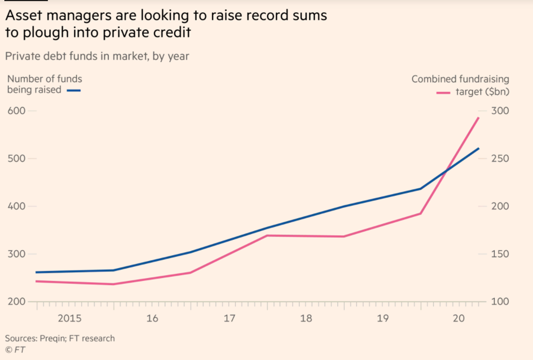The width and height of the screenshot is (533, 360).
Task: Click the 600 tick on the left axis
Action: pyautogui.click(x=16, y=111)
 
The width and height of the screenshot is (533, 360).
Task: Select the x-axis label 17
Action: pyautogui.click(x=229, y=318)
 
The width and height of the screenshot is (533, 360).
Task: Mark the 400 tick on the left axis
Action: pyautogui.click(x=16, y=206)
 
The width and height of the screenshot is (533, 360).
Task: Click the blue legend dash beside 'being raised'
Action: pyautogui.click(x=74, y=91)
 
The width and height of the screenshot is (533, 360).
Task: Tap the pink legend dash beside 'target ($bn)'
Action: pyautogui.click(x=443, y=92)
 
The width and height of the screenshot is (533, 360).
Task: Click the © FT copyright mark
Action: pyautogui.click(x=15, y=349)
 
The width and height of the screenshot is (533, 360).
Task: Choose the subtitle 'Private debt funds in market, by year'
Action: pyautogui.click(x=97, y=56)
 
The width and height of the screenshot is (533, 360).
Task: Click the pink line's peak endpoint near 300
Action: pyautogui.click(x=479, y=118)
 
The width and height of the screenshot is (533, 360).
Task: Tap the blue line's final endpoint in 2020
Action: pyautogui.click(x=479, y=148)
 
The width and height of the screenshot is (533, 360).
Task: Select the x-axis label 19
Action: pyautogui.click(x=383, y=318)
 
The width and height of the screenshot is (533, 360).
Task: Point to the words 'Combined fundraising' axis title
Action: pyautogui.click(x=460, y=79)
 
